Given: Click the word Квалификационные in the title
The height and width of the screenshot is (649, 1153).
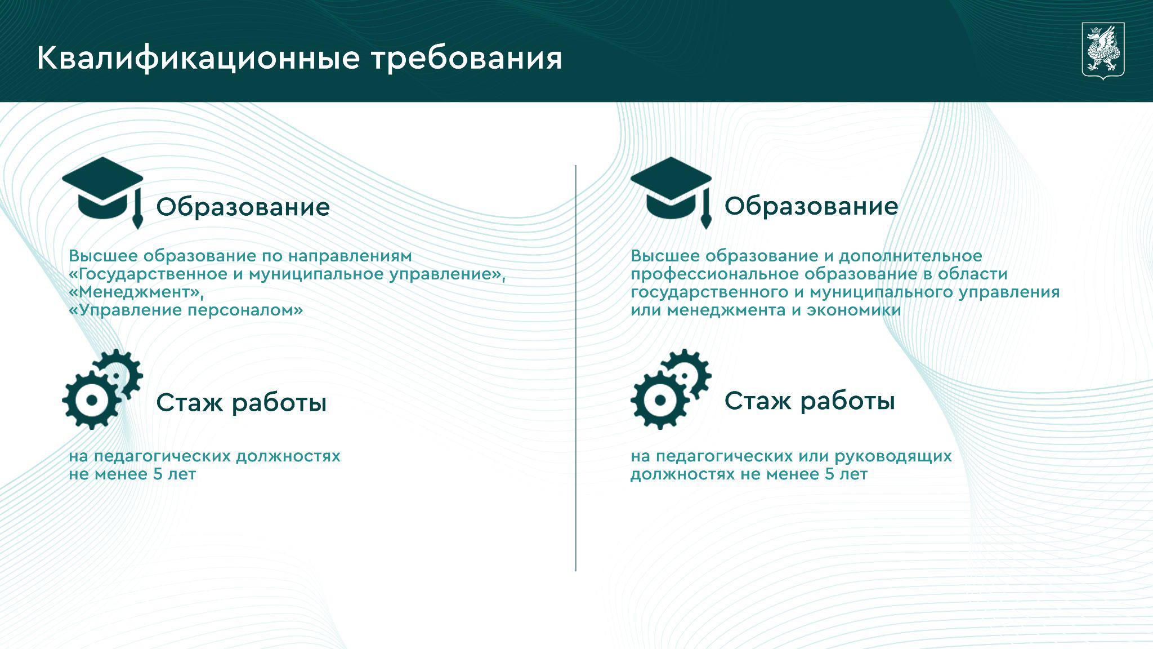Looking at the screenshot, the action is pyautogui.click(x=198, y=59).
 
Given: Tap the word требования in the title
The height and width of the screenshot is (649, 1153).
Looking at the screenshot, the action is pyautogui.click(x=467, y=59).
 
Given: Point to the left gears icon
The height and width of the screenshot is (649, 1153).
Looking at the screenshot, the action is pyautogui.click(x=102, y=389).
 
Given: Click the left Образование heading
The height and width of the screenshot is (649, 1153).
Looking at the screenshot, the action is pyautogui.click(x=243, y=207).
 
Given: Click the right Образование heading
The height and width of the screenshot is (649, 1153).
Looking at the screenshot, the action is pyautogui.click(x=811, y=206).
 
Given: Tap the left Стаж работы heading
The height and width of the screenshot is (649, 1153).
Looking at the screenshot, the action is pyautogui.click(x=241, y=403).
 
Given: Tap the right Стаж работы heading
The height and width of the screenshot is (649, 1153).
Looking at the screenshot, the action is pyautogui.click(x=810, y=401).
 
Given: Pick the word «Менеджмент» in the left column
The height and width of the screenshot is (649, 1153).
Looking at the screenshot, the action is pyautogui.click(x=136, y=292).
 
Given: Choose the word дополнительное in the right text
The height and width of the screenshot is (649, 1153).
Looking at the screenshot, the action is pyautogui.click(x=911, y=256).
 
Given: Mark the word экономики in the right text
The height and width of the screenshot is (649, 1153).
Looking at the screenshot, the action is pyautogui.click(x=854, y=310).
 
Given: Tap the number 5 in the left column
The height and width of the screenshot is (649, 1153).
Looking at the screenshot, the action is pyautogui.click(x=157, y=474).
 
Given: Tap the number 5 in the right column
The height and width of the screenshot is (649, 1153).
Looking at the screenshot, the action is pyautogui.click(x=829, y=474).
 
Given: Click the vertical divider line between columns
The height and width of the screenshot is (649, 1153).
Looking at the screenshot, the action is pyautogui.click(x=575, y=368).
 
